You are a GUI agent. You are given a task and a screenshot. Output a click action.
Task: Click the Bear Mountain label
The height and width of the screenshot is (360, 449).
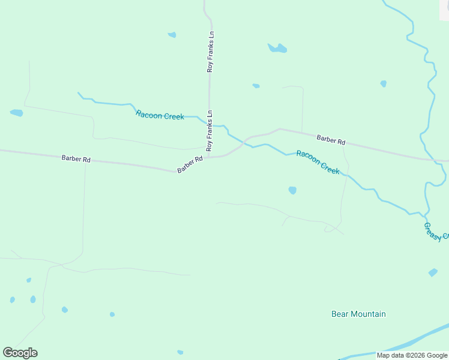(358, 314)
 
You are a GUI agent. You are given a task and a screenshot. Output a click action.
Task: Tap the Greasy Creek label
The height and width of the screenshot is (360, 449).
(436, 232)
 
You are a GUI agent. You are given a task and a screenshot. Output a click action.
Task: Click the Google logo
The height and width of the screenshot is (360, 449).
(20, 353)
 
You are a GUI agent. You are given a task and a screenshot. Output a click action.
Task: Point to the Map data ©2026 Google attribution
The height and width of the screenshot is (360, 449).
(412, 355)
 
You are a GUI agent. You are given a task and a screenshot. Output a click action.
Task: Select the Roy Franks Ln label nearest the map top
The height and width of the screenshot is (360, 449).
(210, 52)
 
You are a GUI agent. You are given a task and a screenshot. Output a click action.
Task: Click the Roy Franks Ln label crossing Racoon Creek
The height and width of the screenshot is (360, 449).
(209, 130)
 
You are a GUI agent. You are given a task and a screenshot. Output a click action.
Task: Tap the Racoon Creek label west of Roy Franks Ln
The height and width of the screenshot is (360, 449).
(160, 115)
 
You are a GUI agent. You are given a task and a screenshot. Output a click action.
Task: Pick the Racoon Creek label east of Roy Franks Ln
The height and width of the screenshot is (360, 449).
(318, 162)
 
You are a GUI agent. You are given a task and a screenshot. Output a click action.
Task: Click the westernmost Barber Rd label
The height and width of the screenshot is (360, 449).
(76, 159)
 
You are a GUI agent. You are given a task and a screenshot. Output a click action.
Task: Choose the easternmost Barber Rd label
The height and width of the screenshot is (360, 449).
(331, 140)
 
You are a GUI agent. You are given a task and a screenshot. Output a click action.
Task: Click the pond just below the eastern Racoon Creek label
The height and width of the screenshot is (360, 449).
(292, 190)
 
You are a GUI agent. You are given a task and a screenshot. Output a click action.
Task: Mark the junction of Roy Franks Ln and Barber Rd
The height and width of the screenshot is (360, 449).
(208, 158)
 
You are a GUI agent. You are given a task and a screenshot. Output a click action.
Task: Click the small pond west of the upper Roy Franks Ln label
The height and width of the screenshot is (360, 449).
(172, 35)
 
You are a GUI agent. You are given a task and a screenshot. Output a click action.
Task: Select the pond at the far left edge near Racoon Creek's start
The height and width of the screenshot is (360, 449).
(16, 112)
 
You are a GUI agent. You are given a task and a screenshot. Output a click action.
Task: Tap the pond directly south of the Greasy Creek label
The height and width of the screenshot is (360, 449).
(433, 272)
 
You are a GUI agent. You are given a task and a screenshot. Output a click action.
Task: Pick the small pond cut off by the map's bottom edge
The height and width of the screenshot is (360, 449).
(180, 352)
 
